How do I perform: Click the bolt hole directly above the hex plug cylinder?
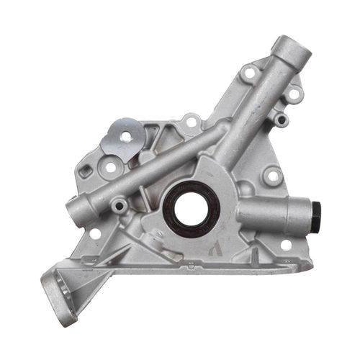point(272,175)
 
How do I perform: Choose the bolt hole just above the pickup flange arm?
point(94,234)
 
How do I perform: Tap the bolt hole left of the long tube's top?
point(249,73)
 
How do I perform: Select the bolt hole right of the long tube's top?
point(294,93)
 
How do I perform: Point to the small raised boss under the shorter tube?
point(119,207)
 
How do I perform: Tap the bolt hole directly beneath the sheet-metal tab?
point(110,167)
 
